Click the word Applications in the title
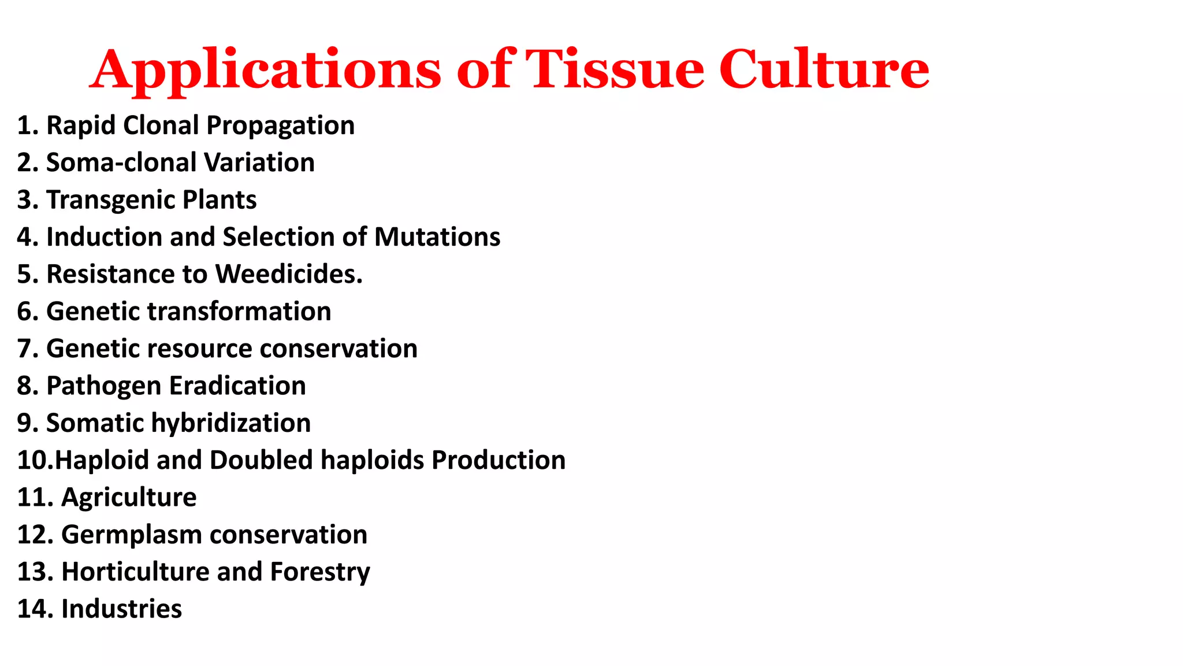pos(265,71)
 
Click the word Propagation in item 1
pos(280,126)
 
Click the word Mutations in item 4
pos(437,237)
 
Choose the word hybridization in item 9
pos(231,423)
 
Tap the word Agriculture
pos(129,498)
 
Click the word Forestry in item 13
pos(320,572)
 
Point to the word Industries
pos(121,609)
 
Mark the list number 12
pos(35,535)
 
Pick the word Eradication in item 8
pos(237,386)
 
